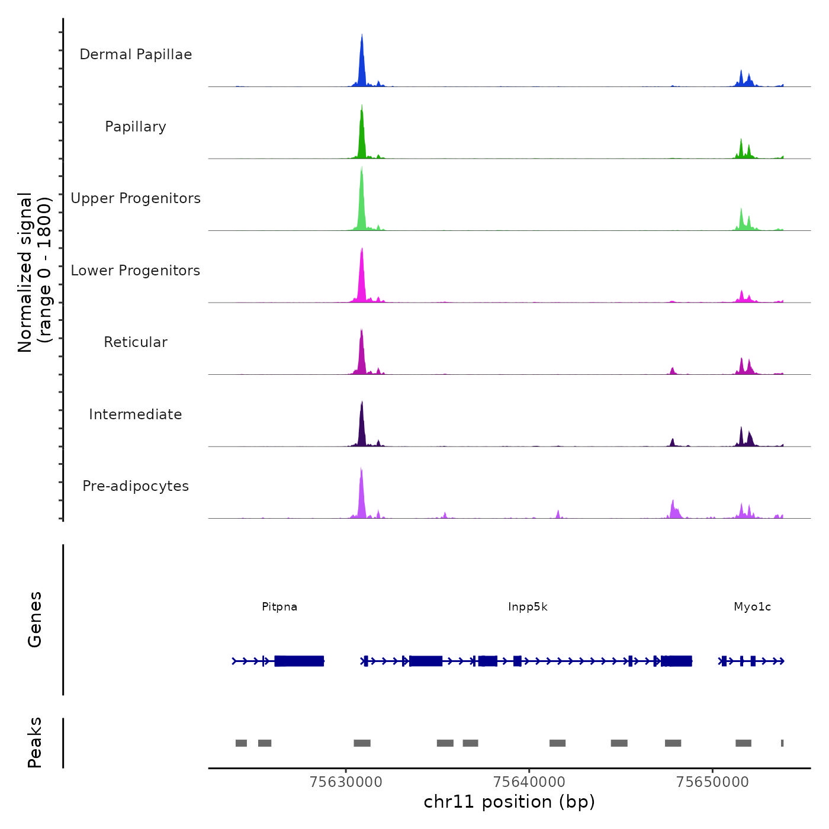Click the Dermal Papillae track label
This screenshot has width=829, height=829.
[136, 54]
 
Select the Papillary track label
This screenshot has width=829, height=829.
[136, 127]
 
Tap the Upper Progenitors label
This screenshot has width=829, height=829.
[136, 198]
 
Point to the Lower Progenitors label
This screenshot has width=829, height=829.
[136, 271]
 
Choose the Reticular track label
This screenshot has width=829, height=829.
[136, 342]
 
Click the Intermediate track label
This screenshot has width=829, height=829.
[136, 415]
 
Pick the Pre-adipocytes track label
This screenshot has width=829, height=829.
[136, 486]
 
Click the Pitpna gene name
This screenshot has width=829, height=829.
[279, 607]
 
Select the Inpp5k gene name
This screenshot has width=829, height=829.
[528, 607]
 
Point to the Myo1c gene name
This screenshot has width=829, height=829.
[752, 607]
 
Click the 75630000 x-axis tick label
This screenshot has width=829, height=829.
[346, 782]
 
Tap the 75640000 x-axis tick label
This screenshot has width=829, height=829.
[529, 782]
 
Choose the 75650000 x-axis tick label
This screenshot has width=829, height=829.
[712, 782]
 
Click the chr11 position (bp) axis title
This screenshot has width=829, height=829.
[509, 802]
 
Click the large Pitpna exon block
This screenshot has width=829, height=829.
[300, 661]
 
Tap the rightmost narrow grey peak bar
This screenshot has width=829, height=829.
[782, 743]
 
